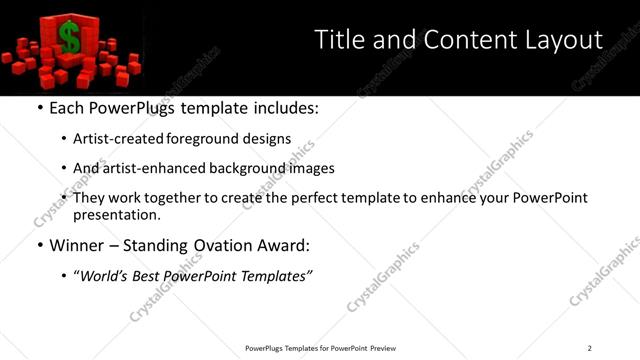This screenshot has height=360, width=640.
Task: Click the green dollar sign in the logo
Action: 69,38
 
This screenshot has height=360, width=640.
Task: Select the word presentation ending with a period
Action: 117,214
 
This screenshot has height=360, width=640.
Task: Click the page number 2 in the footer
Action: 589,348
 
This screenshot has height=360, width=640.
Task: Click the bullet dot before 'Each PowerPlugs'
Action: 38,108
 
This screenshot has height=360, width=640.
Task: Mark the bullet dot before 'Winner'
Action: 38,245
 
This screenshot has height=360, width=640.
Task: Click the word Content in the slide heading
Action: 465,40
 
